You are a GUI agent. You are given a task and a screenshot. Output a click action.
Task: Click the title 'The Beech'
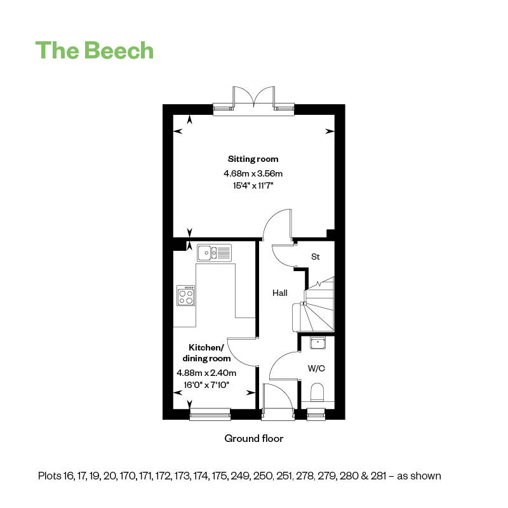tap(94, 50)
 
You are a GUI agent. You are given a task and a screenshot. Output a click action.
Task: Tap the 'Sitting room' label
tap(253, 159)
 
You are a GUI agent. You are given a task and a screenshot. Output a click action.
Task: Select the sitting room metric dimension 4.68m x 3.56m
tap(253, 173)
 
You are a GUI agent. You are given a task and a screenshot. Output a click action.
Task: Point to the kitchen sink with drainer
tap(214, 253)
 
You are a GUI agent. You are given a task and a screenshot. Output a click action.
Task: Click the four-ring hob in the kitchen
tap(185, 295)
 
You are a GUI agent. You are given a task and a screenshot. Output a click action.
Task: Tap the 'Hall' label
tap(280, 293)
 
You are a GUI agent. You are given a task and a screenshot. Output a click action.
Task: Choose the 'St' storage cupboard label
tap(315, 257)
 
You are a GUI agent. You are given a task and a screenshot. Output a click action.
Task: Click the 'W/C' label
tap(316, 368)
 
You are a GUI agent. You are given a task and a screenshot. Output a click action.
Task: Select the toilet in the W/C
tap(317, 392)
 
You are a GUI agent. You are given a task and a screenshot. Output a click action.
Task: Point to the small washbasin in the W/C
tap(318, 343)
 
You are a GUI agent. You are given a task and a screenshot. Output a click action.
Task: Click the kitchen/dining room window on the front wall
tap(210, 415)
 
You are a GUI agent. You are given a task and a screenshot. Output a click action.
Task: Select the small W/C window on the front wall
tap(316, 415)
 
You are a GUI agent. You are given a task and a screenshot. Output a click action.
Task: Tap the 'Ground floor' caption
tap(253, 439)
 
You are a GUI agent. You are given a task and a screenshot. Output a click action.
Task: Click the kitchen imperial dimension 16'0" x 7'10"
tap(206, 385)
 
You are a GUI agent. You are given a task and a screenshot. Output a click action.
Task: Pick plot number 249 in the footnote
tap(240, 476)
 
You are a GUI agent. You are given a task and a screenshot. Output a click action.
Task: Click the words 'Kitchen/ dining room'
tap(206, 353)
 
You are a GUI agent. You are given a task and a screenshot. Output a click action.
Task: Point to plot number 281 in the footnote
tap(378, 476)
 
